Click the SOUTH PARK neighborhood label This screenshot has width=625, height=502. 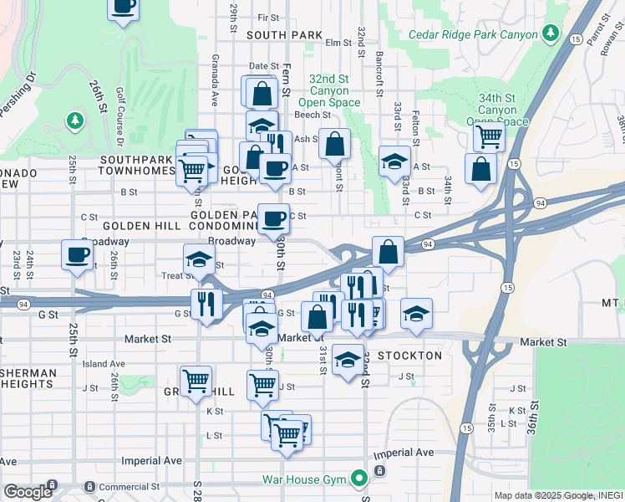[x=284, y=35]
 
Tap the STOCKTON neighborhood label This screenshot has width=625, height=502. [x=409, y=356]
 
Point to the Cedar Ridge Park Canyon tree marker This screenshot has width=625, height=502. [x=551, y=33]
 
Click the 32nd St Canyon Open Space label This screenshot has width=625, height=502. [x=335, y=90]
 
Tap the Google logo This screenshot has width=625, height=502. [x=28, y=492]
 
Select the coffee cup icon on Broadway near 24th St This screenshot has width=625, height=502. [x=77, y=254]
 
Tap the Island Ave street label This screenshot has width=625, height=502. [x=103, y=364]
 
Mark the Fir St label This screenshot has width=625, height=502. [x=268, y=18]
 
